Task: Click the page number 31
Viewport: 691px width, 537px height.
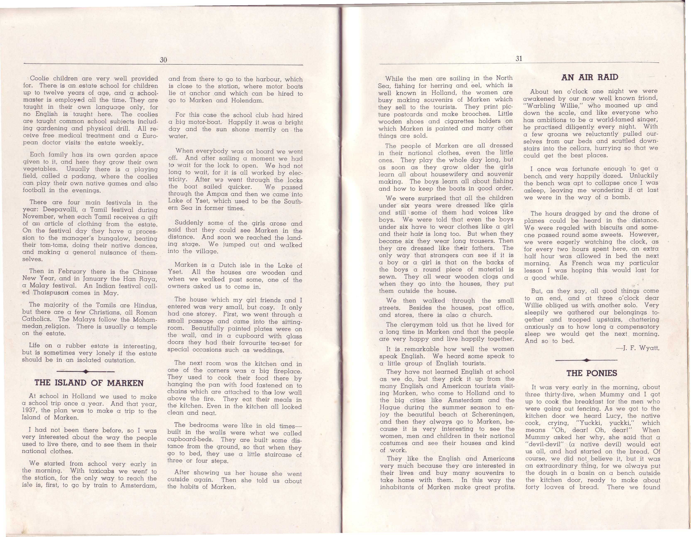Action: click(519, 59)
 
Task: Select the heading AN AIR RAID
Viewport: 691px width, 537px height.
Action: click(590, 77)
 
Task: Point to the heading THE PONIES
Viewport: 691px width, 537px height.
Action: click(592, 373)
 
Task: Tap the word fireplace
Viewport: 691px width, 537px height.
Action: click(287, 371)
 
